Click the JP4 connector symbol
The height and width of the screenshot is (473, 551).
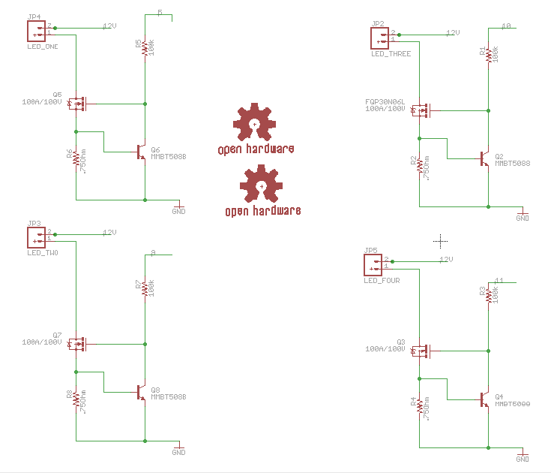coord(37,31)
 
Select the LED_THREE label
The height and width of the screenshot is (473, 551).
coord(391,54)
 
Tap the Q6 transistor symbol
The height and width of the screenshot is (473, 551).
coord(141,152)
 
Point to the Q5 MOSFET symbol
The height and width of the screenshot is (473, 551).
coord(77,103)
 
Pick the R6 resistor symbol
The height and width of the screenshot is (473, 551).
coord(76,161)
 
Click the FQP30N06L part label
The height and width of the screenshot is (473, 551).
coord(385,101)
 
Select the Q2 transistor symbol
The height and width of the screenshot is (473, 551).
coord(484,158)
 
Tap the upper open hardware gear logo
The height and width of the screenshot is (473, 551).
coord(255,123)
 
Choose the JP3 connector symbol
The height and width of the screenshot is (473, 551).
coord(37,237)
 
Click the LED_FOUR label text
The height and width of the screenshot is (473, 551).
coord(382,281)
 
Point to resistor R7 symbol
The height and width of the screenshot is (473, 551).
coord(145,289)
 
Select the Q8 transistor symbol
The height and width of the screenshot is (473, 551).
coord(141,392)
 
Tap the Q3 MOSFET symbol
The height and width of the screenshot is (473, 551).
coord(421,350)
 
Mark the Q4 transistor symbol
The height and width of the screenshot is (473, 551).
coord(484,399)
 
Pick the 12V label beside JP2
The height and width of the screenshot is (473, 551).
coord(452,33)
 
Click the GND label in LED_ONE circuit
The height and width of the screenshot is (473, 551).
coord(178,212)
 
